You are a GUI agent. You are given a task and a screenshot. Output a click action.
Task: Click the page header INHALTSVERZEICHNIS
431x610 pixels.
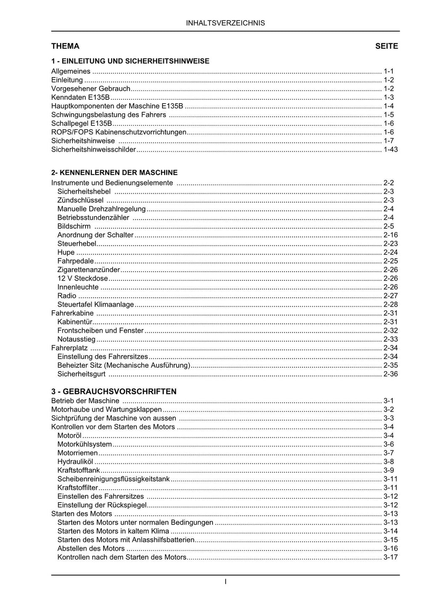[x=225, y=23]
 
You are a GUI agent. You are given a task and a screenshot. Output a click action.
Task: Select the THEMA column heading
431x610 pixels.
[x=65, y=46]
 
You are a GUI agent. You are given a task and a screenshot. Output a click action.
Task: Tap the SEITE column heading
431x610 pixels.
[x=386, y=46]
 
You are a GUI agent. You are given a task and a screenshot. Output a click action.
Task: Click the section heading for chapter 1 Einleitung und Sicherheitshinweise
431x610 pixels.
[x=130, y=61]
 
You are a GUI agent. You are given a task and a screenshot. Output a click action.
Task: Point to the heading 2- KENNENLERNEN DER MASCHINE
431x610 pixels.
[x=114, y=172]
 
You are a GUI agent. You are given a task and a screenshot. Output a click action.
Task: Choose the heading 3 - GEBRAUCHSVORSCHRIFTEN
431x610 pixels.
[x=114, y=391]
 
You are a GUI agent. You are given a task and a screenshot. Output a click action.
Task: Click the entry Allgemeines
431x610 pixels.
[x=71, y=71]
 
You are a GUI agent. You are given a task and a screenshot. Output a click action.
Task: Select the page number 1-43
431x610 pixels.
[x=391, y=150]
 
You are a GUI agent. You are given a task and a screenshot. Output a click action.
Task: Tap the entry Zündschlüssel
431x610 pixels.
[x=80, y=200]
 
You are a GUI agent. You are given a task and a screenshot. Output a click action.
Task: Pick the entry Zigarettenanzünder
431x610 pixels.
[x=89, y=270]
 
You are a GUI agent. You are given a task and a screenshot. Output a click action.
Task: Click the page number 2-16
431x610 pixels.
[x=391, y=235]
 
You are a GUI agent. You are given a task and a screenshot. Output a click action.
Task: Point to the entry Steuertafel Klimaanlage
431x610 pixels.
[x=96, y=304]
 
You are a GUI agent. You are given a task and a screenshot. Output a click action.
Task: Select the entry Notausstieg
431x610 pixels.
[x=77, y=339]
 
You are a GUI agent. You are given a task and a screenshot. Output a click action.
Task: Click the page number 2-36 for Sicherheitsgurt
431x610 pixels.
[x=391, y=374]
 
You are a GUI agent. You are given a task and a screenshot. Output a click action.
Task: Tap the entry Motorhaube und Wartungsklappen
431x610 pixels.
[x=106, y=409]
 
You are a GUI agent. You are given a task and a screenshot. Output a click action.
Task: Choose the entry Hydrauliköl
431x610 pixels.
[x=75, y=462]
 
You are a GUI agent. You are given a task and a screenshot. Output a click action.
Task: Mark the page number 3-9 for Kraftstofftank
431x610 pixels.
[x=388, y=470]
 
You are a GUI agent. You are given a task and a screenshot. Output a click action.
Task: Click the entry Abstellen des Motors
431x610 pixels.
[x=91, y=548]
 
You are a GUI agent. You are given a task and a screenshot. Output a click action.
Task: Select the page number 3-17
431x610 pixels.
[x=391, y=557]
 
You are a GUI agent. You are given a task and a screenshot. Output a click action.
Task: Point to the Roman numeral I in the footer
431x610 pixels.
[x=226, y=582]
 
